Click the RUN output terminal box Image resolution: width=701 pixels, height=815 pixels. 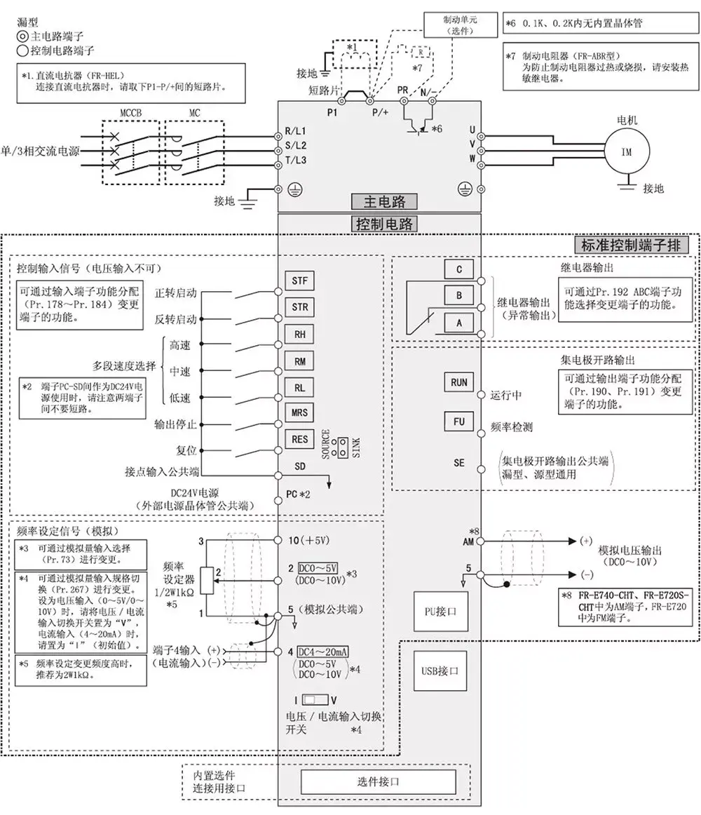tap(459, 383)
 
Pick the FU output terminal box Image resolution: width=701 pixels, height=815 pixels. tap(459, 422)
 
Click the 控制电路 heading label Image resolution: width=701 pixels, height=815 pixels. tap(383, 224)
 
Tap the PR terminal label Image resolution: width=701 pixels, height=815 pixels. tap(402, 92)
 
